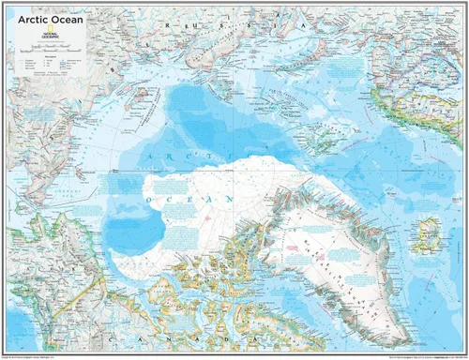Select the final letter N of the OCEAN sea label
click(232, 200)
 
